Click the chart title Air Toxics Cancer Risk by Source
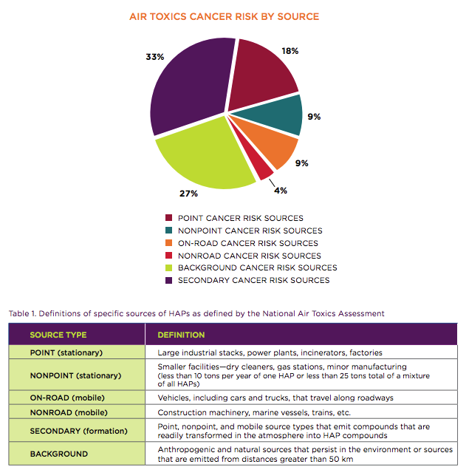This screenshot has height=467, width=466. (x=225, y=16)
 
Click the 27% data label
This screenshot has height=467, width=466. (x=188, y=194)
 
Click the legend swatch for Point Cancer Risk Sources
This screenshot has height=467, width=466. (x=169, y=218)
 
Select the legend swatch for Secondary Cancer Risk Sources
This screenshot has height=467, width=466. (x=169, y=280)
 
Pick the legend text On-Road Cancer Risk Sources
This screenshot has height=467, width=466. (x=248, y=243)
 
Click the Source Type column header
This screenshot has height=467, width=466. (x=58, y=335)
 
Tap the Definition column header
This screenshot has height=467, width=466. (x=181, y=335)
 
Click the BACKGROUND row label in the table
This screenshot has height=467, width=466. (x=58, y=454)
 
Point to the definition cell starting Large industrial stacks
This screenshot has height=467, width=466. (x=270, y=352)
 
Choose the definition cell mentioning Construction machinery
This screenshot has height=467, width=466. (x=256, y=412)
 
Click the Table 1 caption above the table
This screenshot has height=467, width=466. (x=196, y=314)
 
